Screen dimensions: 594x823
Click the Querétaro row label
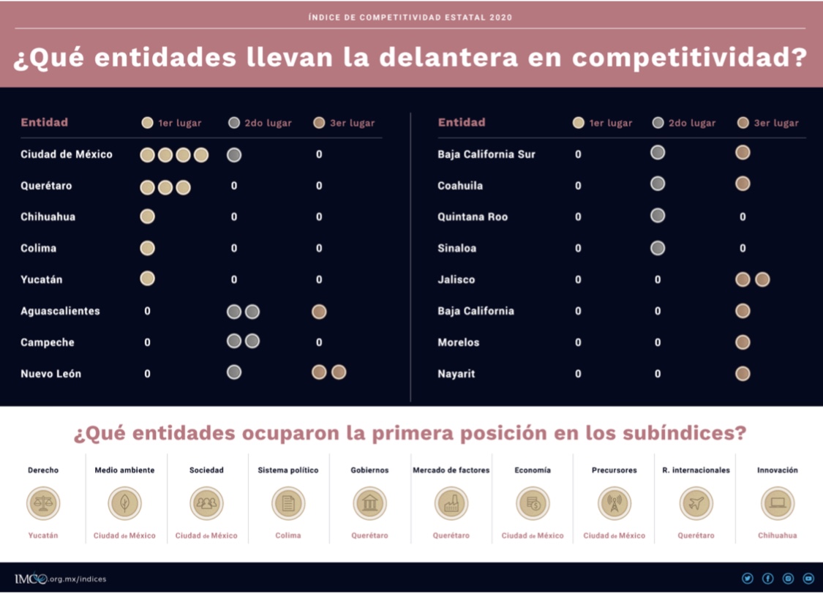(46, 186)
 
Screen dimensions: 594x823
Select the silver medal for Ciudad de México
(234, 154)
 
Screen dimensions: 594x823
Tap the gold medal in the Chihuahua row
(147, 217)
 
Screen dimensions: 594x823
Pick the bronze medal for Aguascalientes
(319, 312)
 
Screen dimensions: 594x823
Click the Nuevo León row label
(50, 374)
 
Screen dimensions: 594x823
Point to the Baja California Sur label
(486, 154)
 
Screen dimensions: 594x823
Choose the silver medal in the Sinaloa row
(658, 248)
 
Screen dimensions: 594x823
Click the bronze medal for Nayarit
(743, 374)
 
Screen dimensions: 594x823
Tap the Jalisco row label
(456, 279)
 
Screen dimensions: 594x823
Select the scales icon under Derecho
(43, 503)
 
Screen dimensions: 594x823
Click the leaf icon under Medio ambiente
(124, 503)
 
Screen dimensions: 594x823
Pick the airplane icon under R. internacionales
(696, 503)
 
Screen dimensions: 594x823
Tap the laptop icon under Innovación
(777, 503)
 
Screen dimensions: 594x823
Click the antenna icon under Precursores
(614, 503)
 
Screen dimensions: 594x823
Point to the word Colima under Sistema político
(288, 535)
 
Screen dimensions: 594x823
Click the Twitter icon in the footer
(747, 579)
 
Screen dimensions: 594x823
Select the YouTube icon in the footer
(808, 579)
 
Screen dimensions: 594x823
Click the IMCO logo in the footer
(30, 579)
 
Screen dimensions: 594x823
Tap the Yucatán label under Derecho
(43, 535)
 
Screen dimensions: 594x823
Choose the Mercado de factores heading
(451, 470)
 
